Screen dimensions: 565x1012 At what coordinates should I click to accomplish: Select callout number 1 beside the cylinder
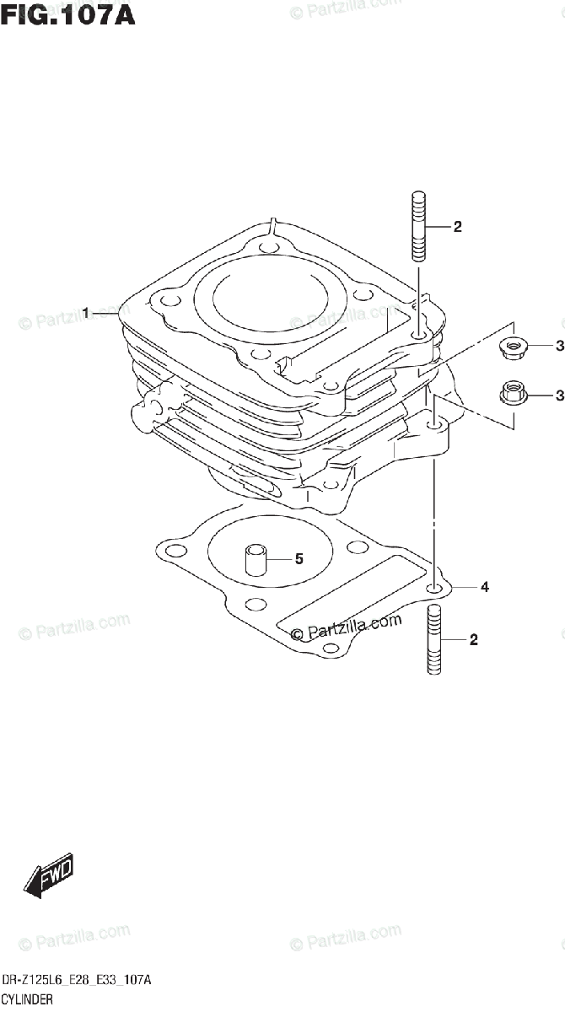coord(86,314)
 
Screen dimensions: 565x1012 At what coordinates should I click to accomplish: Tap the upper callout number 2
coord(457,226)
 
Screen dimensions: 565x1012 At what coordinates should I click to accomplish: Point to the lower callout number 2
coord(473,640)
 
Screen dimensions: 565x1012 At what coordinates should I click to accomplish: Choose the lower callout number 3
coord(558,392)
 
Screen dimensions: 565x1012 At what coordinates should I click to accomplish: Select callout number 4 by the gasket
coord(484,586)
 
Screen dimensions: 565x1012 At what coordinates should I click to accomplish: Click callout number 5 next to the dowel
coord(298,558)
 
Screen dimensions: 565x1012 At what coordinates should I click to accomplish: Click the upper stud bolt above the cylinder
coord(418,228)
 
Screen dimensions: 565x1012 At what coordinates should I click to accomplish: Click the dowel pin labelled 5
coord(256,560)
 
